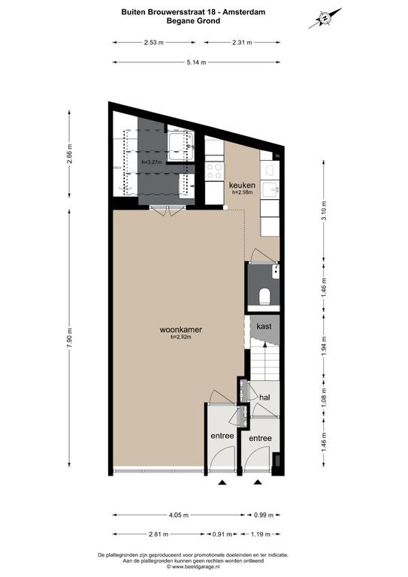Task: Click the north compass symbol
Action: coord(325,18)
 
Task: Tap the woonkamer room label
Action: coord(180,330)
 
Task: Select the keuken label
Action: coord(242,185)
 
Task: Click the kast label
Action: coord(264,326)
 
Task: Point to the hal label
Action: coord(264,397)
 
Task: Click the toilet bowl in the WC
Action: coord(264,296)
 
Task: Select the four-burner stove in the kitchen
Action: coord(214,171)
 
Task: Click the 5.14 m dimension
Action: coord(196,62)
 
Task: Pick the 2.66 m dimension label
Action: coord(70,153)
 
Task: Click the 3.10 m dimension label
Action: coord(323,210)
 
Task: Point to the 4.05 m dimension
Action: coord(178,515)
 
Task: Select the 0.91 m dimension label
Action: coord(222,534)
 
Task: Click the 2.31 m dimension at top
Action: coord(242,42)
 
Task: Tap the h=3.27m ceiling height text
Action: coord(152,162)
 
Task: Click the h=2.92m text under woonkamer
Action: coord(180,337)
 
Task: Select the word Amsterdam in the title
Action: coord(244,12)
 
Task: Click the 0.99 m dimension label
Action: coord(264,515)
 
